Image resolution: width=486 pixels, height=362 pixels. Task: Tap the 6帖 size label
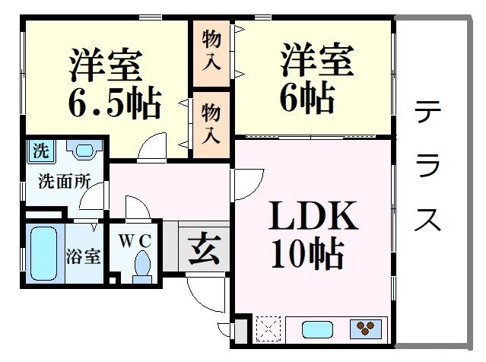click(x=307, y=97)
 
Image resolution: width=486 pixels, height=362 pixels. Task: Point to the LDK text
click(x=313, y=216)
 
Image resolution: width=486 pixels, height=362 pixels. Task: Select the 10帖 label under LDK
click(x=307, y=253)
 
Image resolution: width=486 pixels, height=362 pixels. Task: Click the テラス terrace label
click(x=427, y=166)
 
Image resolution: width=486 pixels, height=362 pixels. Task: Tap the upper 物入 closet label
click(x=211, y=50)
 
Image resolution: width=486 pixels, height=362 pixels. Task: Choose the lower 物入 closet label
click(x=211, y=124)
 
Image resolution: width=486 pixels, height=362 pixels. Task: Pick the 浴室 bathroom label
click(x=83, y=256)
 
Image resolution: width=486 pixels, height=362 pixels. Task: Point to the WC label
click(x=135, y=241)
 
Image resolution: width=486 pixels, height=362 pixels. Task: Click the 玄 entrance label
click(x=205, y=249)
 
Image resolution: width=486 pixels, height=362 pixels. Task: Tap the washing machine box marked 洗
click(x=41, y=151)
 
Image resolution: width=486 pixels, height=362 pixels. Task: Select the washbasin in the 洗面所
click(x=84, y=149)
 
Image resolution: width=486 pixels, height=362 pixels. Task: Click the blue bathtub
click(x=44, y=253)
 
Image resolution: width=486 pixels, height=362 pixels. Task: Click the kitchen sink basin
click(x=317, y=329)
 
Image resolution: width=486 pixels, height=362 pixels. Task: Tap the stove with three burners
click(x=365, y=329)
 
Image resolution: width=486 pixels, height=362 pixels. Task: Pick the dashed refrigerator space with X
click(x=268, y=329)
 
